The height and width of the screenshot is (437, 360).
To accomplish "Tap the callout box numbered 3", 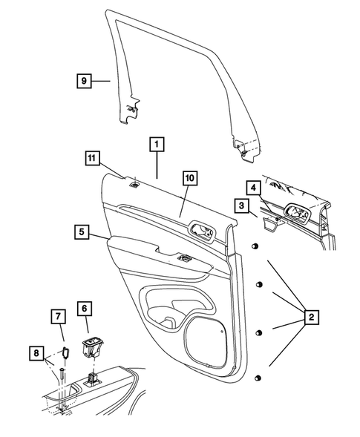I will [x=242, y=204].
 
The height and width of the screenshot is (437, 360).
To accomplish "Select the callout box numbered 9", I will [x=85, y=80].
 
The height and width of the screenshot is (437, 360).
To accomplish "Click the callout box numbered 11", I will [x=91, y=157].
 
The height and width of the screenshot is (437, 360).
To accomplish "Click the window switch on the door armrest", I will [x=182, y=257].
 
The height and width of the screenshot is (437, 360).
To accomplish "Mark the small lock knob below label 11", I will [x=136, y=185].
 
